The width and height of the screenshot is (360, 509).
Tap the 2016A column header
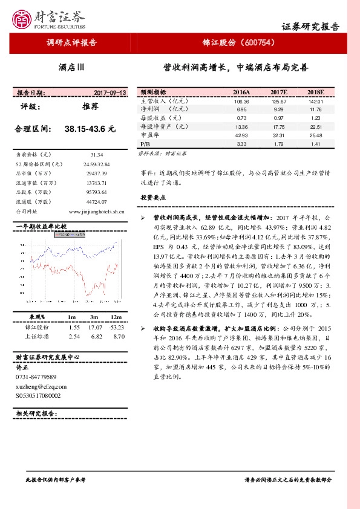coord(241,92)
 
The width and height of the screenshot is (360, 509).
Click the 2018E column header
coord(315,92)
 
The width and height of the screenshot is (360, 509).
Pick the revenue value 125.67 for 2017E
coord(278,102)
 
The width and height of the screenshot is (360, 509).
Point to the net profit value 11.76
coord(315,110)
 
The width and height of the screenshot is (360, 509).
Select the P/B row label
coord(145,144)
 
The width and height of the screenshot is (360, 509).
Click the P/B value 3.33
coord(241,144)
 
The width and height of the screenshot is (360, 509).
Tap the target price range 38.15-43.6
coord(90,129)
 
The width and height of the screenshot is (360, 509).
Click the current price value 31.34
coord(96,155)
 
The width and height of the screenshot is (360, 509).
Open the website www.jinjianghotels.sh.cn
coord(97,212)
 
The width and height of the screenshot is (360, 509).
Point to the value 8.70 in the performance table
coord(119,336)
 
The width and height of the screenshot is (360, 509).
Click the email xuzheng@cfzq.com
coord(41,386)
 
